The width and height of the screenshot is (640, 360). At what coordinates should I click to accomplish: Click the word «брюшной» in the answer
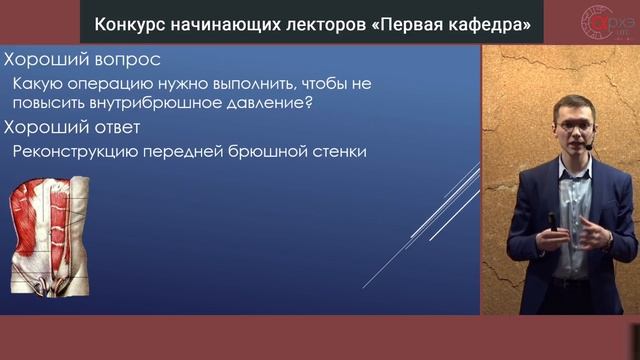pyautogui.click(x=255, y=152)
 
